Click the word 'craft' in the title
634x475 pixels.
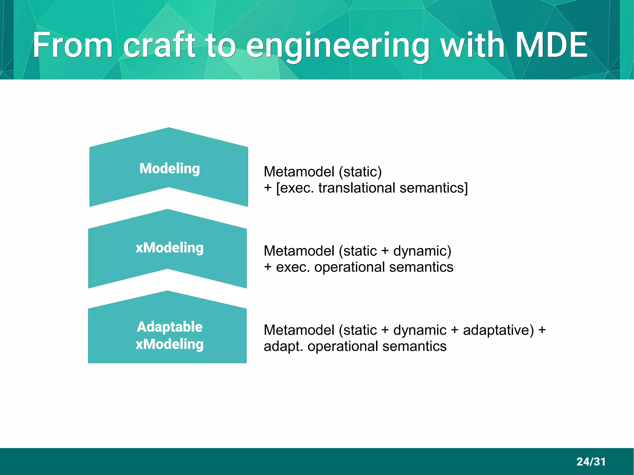coord(159,45)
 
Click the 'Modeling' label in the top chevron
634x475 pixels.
coord(170,169)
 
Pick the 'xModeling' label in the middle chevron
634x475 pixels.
coord(170,248)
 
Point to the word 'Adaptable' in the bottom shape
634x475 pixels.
coord(170,327)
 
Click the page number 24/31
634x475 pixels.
coord(591,462)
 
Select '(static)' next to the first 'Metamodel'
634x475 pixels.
coord(360,172)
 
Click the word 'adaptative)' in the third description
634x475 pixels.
coord(498,330)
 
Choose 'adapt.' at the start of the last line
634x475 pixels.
coord(283,347)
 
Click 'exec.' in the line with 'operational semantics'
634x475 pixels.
coord(293,267)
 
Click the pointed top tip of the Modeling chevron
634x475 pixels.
coord(169,128)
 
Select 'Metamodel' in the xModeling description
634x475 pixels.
coord(299,251)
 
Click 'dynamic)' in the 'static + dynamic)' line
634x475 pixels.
coord(422,251)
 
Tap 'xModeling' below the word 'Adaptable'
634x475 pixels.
coord(170,344)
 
